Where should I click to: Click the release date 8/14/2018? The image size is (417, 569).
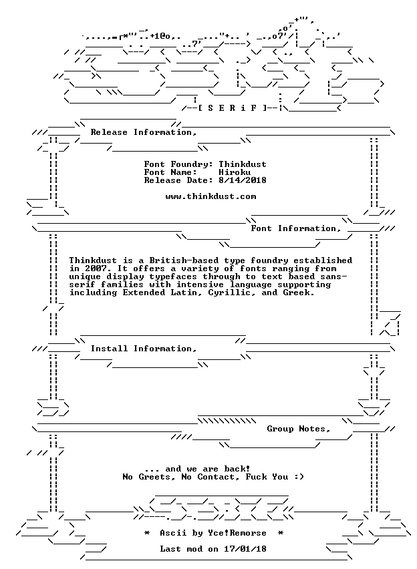tap(243, 180)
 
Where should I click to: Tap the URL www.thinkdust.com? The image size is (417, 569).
tap(211, 197)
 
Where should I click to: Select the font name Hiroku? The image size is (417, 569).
tap(235, 172)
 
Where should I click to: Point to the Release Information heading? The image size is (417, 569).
tap(144, 132)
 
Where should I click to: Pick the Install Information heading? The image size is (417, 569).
tap(144, 349)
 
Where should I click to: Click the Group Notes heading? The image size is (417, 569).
tap(299, 429)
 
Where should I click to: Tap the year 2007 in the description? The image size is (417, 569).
tap(96, 269)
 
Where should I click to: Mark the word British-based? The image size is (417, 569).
tap(184, 260)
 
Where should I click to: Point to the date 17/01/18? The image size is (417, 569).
tap(245, 549)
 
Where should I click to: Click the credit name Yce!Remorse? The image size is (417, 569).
tap(237, 533)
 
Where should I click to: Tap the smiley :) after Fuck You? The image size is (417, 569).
tap(299, 477)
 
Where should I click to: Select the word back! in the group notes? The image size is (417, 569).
tap(237, 469)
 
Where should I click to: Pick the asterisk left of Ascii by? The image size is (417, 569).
tap(147, 533)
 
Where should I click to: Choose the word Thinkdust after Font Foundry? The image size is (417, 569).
tap(243, 164)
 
